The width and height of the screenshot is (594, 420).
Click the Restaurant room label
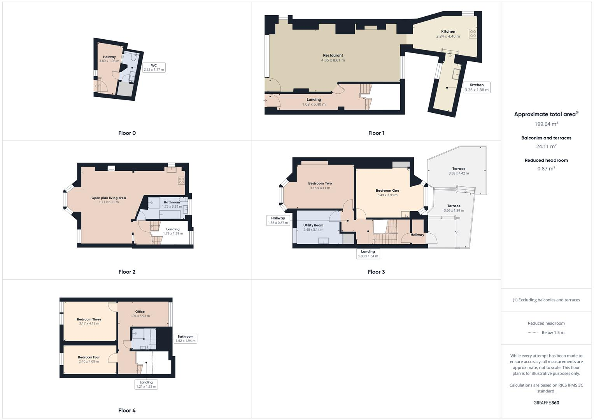pos(333,55)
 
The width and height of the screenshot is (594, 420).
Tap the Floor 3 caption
pos(376,272)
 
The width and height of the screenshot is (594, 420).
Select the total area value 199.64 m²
pos(546,124)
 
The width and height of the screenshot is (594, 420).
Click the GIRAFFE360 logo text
pos(546,402)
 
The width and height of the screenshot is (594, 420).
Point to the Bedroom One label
pos(387,191)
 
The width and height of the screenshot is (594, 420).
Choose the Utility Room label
pos(313,225)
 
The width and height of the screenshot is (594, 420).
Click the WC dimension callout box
pos(154,67)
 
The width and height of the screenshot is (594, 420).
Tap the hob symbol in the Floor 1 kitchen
pos(473,33)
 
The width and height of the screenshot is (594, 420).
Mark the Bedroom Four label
pos(89,357)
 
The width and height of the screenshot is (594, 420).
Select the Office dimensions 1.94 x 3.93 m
pos(140,316)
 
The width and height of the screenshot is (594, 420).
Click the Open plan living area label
pos(109,198)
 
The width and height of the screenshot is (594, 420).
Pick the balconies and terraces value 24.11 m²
pos(546,147)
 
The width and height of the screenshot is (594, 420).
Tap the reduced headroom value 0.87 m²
pos(546,169)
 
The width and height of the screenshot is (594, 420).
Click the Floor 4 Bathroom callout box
pos(186,338)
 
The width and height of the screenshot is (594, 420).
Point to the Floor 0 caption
pos(127,133)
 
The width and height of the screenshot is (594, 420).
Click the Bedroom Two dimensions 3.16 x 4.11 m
pos(320,188)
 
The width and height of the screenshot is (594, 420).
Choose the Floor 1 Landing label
pos(314,100)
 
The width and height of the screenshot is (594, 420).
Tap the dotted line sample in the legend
pos(533,332)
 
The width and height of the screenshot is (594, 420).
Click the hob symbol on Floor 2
pos(181,180)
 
